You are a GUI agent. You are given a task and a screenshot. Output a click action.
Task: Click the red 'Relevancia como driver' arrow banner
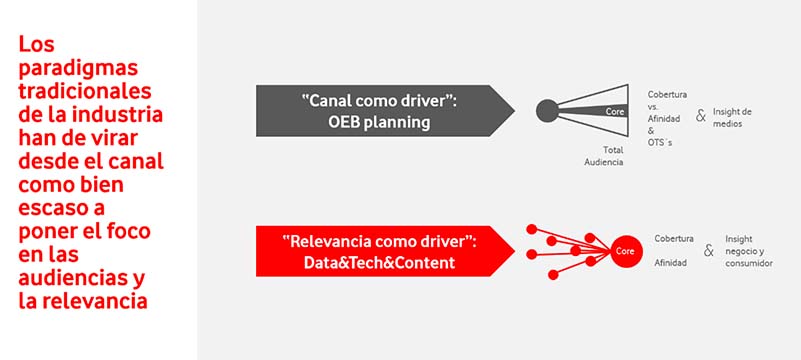[385, 250]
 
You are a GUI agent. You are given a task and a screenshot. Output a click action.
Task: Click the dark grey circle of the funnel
[547, 110]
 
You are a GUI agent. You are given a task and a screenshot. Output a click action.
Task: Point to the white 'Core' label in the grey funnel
[615, 111]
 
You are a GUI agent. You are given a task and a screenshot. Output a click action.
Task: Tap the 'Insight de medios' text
[732, 116]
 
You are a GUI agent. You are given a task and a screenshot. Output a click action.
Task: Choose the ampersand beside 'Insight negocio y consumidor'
[708, 250]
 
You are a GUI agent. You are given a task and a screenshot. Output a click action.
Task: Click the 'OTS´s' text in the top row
[660, 143]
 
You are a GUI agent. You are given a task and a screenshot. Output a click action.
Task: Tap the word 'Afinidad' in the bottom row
[670, 263]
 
